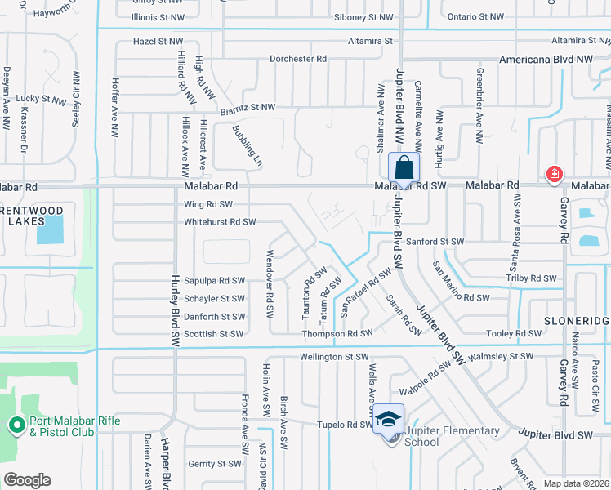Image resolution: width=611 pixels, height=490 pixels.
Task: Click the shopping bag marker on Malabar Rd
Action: click(x=404, y=168)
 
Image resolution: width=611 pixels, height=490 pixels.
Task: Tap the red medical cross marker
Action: click(x=555, y=174)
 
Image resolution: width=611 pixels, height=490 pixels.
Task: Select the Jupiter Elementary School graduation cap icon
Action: click(x=388, y=419)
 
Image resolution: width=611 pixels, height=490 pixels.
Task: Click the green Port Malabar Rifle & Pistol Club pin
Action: click(x=16, y=425)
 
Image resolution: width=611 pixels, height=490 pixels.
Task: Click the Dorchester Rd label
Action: click(x=298, y=59)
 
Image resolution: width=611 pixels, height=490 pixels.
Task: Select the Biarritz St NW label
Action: click(x=248, y=107)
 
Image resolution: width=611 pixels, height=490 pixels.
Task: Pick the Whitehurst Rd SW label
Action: click(x=220, y=221)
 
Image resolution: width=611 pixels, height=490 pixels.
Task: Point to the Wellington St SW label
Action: click(x=334, y=356)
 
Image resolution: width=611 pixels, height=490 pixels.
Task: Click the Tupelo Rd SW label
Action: click(x=345, y=425)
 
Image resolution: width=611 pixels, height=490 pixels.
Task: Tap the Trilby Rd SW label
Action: click(x=531, y=278)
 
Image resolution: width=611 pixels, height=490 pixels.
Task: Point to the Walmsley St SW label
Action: click(x=499, y=356)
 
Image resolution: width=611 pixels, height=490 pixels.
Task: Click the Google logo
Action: click(x=27, y=480)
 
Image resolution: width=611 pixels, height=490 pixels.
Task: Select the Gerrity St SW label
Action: click(x=214, y=463)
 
